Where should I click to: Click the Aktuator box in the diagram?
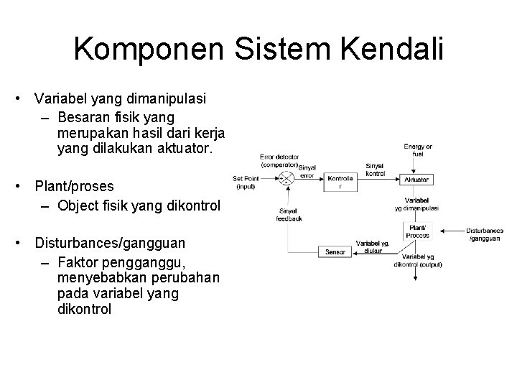417,179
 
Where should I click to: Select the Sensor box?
335,252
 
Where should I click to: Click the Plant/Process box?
417,231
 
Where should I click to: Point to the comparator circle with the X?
287,178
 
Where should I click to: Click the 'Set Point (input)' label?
246,183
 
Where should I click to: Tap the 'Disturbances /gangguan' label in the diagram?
485,234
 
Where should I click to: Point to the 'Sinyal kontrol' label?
375,170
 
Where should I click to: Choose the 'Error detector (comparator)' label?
279,160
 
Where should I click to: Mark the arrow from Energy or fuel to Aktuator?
417,165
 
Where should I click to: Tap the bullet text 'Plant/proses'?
75,186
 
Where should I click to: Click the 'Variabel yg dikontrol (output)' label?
418,261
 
